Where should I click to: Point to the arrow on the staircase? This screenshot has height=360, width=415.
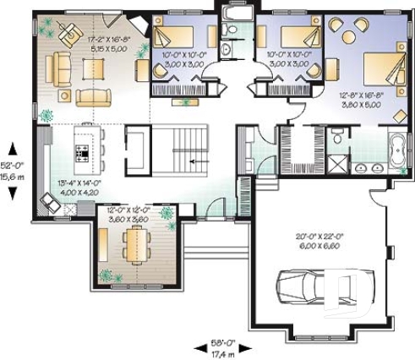(198, 160)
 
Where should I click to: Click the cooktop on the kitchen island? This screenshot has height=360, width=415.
(84, 152)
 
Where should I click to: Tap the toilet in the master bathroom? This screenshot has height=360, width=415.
(337, 134)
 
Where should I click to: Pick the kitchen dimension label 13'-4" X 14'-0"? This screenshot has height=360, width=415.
(79, 187)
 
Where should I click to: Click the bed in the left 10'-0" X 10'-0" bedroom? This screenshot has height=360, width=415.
(188, 36)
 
